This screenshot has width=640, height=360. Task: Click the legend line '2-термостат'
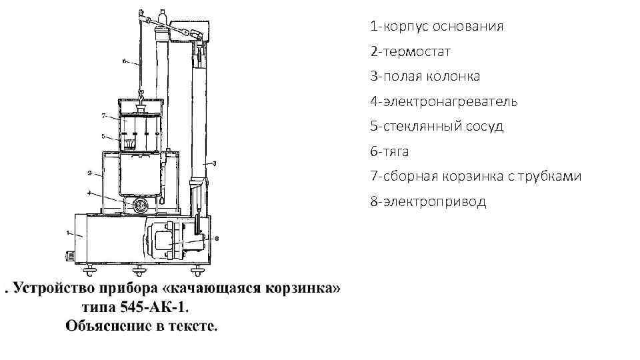(411, 51)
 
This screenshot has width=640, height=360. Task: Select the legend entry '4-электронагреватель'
(444, 101)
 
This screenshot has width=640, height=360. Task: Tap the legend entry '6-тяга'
(390, 151)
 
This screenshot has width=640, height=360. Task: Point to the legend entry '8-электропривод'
(429, 201)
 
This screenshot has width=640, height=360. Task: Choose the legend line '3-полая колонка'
(425, 77)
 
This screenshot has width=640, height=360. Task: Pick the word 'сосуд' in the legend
(485, 127)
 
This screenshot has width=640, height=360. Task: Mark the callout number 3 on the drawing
(215, 163)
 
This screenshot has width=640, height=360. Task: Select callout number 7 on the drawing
(104, 115)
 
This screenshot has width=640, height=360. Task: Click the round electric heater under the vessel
(139, 206)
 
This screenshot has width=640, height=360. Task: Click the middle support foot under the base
(139, 270)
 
